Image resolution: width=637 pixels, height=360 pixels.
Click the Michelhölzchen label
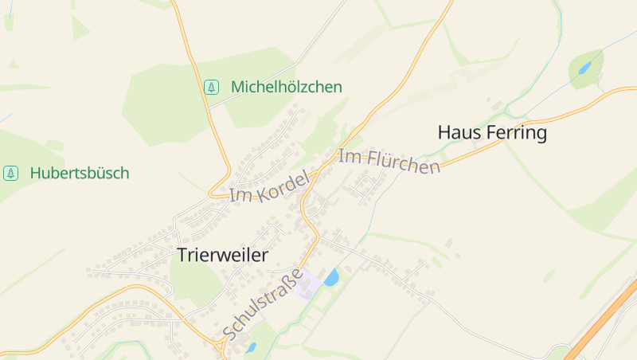pyautogui.click(x=287, y=87)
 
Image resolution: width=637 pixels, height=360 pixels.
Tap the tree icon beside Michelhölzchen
pyautogui.click(x=211, y=87)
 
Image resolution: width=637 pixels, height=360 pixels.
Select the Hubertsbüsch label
pyautogui.click(x=80, y=173)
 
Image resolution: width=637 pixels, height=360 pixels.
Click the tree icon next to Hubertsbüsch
pyautogui.click(x=10, y=173)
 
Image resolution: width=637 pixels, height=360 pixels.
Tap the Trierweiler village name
pyautogui.click(x=222, y=255)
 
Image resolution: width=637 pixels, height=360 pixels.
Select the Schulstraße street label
pyautogui.click(x=264, y=303)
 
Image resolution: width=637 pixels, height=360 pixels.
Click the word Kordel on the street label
pyautogui.click(x=280, y=185)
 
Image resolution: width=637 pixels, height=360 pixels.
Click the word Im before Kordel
pyautogui.click(x=239, y=195)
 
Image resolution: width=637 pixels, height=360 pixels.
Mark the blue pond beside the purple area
pyautogui.click(x=331, y=277)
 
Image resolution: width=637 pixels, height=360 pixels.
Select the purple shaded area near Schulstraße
pyautogui.click(x=310, y=284)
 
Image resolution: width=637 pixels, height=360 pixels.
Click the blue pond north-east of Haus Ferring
pyautogui.click(x=585, y=68)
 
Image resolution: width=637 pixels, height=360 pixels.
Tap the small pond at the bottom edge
pyautogui.click(x=251, y=347)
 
